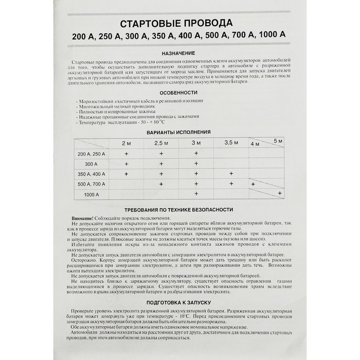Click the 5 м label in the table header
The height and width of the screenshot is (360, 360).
(278, 140)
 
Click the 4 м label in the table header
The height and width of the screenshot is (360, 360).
(255, 145)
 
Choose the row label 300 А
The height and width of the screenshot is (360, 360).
(91, 164)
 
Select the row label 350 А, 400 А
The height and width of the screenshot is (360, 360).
(91, 174)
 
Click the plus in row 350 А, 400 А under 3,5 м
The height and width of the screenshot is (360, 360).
(231, 174)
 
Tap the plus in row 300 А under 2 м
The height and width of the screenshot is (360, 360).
(127, 164)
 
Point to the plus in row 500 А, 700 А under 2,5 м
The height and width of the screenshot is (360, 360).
(161, 184)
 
